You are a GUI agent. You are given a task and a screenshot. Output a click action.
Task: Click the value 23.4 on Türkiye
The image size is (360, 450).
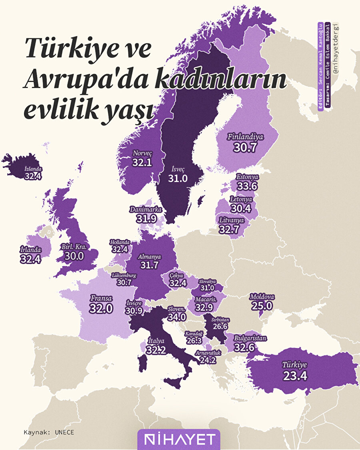click(295, 376)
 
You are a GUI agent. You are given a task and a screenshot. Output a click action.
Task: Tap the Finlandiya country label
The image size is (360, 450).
click(246, 137)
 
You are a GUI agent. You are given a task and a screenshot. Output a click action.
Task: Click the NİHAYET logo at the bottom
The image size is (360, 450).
click(178, 440)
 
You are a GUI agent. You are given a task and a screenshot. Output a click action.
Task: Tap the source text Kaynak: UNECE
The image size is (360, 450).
click(49, 432)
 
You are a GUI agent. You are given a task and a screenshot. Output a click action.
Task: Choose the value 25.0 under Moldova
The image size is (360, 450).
click(262, 306)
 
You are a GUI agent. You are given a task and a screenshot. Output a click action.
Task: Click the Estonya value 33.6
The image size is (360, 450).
click(246, 186)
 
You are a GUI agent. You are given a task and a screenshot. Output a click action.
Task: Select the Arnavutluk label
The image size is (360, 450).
click(208, 353)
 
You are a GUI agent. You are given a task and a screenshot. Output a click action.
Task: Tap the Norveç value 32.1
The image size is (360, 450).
click(142, 162)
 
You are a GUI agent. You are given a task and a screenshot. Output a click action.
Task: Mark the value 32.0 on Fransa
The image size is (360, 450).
click(101, 308)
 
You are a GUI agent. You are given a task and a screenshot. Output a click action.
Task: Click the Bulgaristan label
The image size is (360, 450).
click(250, 338)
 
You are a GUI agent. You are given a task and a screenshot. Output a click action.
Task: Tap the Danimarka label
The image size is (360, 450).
click(145, 209)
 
